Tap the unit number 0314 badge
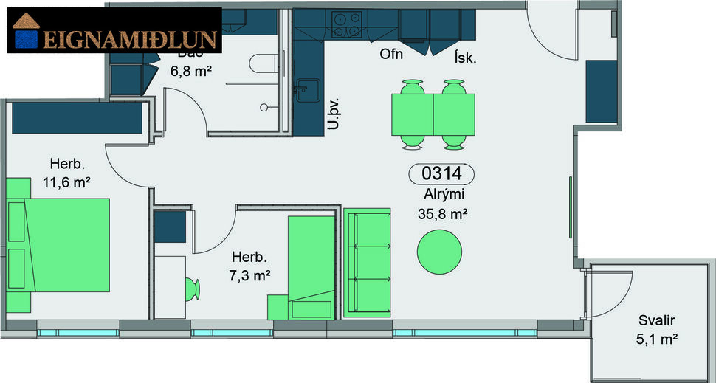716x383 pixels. pyautogui.click(x=441, y=174)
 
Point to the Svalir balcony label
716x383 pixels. pyautogui.click(x=657, y=321)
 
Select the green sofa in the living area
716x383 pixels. pyautogui.click(x=367, y=262)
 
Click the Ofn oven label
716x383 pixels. pyautogui.click(x=391, y=55)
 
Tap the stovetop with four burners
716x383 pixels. pyautogui.click(x=346, y=24)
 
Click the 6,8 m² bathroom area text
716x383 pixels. pyautogui.click(x=192, y=72)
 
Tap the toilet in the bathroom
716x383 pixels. pyautogui.click(x=261, y=65)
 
